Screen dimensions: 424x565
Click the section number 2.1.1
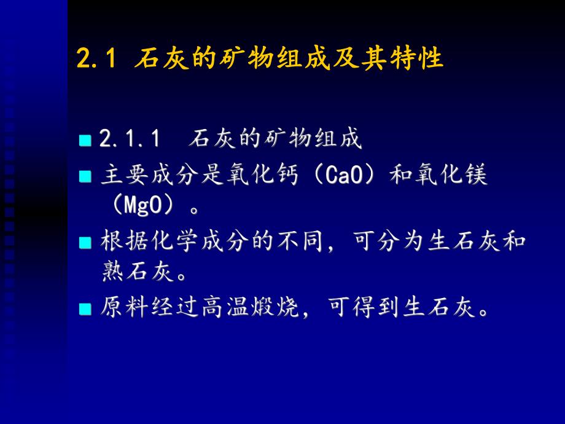130,139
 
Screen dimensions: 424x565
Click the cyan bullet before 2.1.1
85,141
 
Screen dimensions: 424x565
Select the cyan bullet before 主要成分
85,177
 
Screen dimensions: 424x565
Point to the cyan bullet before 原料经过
85,308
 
